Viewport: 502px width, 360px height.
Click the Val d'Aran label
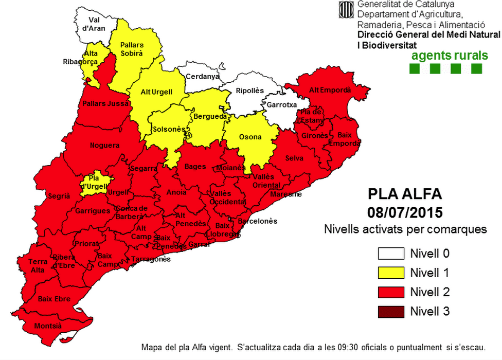tap(93, 24)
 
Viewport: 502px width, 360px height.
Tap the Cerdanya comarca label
tap(202, 77)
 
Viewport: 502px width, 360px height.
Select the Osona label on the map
tap(250, 137)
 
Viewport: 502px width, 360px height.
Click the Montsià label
tap(48, 326)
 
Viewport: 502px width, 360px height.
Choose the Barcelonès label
tap(257, 221)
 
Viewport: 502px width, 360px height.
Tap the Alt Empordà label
tap(330, 90)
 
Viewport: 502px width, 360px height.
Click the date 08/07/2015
tap(405, 212)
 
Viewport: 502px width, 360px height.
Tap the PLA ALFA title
tap(405, 194)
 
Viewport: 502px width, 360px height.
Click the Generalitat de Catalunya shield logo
tap(346, 10)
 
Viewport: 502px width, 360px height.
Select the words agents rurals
tap(446, 55)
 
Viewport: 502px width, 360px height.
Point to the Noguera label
tap(104, 146)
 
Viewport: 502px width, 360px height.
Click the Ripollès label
tap(249, 91)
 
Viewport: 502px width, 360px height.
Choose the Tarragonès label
tap(151, 259)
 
